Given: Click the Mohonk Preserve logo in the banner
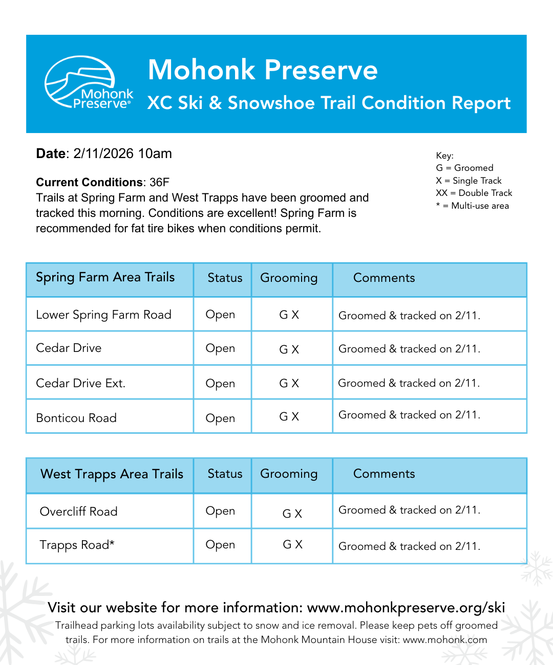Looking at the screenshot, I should tap(89, 83).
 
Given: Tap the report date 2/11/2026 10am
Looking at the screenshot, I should tap(122, 153).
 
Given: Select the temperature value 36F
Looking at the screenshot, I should tap(159, 183).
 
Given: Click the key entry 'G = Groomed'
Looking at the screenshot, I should tap(464, 168).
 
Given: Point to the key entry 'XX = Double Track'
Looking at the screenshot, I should tap(474, 193).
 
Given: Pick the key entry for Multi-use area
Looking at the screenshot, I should tap(472, 206).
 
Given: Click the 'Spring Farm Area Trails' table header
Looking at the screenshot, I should tap(105, 277).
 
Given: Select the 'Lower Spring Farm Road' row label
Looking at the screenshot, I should tap(103, 315).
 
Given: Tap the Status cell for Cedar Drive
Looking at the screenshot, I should tap(220, 348).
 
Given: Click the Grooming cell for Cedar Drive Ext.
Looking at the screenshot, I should tap(289, 383).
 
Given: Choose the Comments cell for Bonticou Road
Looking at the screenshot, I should tap(409, 415).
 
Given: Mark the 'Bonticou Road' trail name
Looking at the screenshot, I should tap(76, 418).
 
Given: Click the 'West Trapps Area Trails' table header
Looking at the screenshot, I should tap(112, 474).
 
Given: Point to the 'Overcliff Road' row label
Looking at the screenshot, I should tap(78, 512).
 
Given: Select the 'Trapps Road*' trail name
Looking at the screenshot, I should tap(77, 545).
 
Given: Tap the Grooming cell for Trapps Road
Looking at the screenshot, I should tap(292, 545).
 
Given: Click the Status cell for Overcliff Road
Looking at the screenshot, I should tap(220, 511).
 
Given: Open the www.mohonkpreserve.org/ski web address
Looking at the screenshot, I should tap(406, 607).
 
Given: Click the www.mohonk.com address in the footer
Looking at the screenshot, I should tap(444, 639).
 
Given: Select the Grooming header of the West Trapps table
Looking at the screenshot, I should tap(289, 474).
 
